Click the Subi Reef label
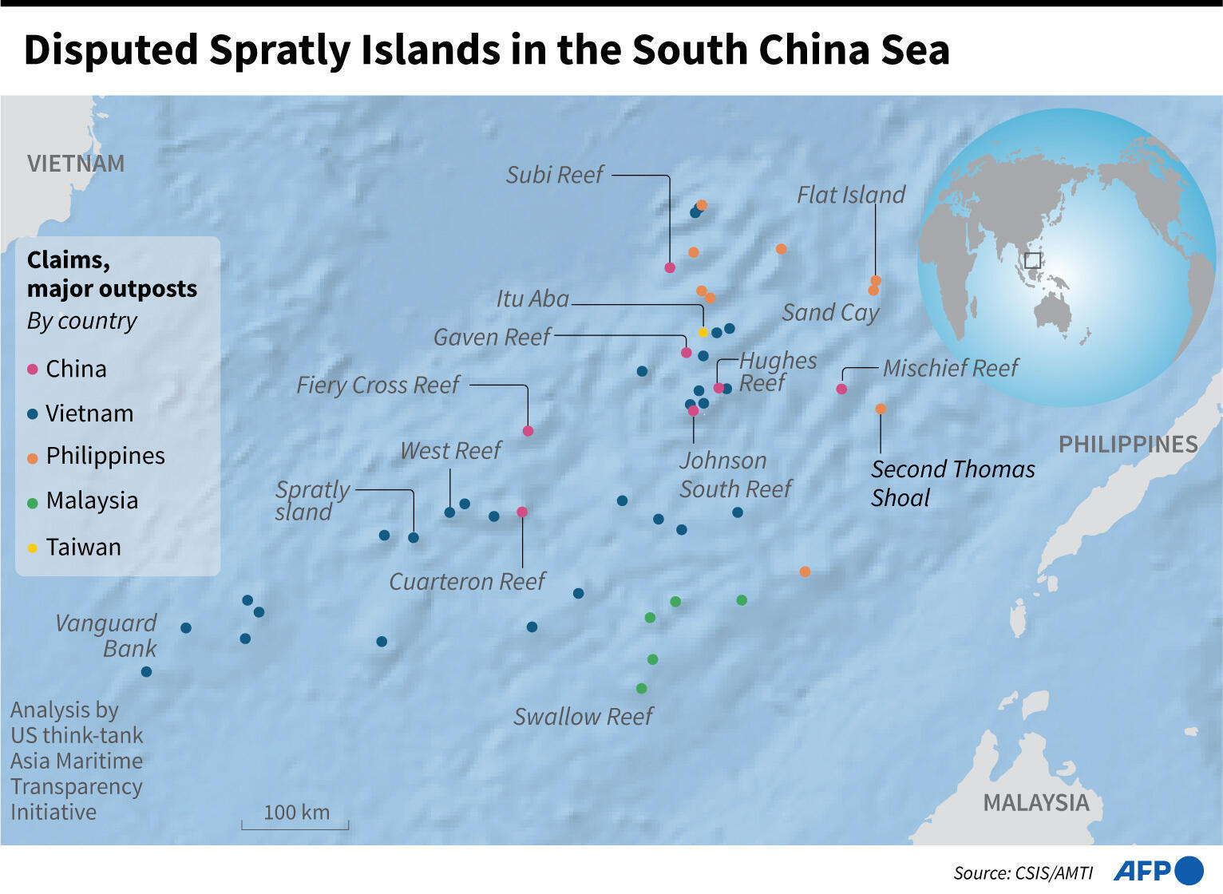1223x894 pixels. point(555,175)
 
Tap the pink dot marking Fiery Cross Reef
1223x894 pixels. point(528,431)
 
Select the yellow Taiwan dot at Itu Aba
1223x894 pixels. point(703,332)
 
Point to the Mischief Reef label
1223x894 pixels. point(950,368)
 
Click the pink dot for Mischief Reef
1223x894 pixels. point(841,389)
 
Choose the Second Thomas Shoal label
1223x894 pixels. point(952,483)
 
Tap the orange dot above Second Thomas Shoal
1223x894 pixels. point(881,409)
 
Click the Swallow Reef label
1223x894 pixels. point(583,717)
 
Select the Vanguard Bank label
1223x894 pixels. point(106,635)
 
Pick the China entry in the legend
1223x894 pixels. point(76,369)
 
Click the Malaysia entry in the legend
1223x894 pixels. point(92,500)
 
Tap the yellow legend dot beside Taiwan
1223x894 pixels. point(33,548)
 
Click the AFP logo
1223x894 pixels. point(1158,870)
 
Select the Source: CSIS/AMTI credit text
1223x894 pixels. point(1023,872)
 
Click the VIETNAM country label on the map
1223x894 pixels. point(76,164)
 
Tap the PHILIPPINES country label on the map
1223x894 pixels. point(1128,445)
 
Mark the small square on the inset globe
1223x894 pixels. point(1032,260)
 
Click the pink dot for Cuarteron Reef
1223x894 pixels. point(522,512)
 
